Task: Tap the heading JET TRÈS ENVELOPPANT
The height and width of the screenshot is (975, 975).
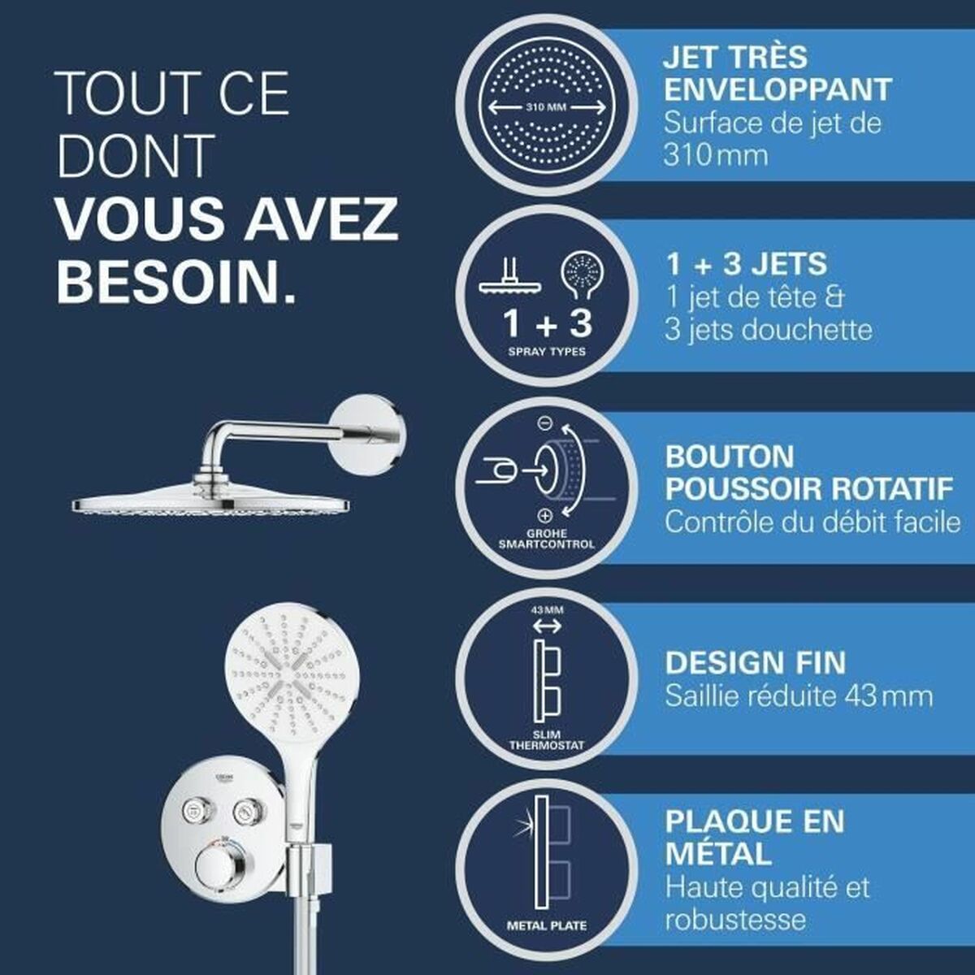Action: [x=777, y=73]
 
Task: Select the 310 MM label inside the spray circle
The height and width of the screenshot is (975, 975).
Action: [x=545, y=107]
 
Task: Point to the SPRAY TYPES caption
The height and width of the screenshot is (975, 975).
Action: [x=547, y=352]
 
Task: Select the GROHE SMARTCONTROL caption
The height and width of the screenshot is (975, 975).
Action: [x=546, y=538]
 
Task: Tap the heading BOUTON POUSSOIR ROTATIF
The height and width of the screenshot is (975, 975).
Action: [x=808, y=473]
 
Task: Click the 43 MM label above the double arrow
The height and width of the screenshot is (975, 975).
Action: [x=547, y=609]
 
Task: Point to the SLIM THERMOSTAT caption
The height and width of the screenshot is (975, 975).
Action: [x=546, y=739]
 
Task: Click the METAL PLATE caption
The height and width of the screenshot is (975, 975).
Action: [x=546, y=925]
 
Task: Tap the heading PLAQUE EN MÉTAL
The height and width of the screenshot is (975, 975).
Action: [x=754, y=837]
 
